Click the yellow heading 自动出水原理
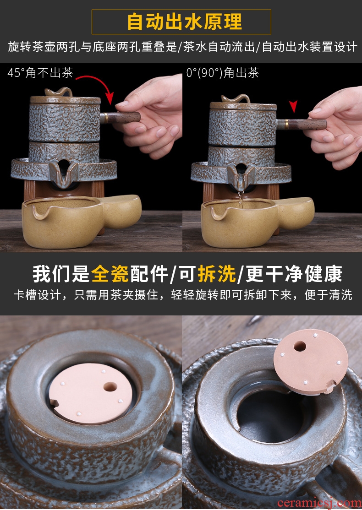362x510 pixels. pyautogui.click(x=185, y=22)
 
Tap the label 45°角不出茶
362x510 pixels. pyautogui.click(x=40, y=72)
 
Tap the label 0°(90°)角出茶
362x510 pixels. pyautogui.click(x=223, y=72)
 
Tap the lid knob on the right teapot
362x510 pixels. pyautogui.click(x=236, y=98)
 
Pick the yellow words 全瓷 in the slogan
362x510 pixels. pyautogui.click(x=110, y=273)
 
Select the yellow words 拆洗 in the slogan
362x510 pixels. pyautogui.click(x=216, y=273)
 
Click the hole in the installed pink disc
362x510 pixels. pyautogui.click(x=110, y=387)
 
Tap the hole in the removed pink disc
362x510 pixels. pyautogui.click(x=300, y=346)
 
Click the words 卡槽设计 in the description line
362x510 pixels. pyautogui.click(x=38, y=295)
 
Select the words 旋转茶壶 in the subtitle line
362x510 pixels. pyautogui.click(x=32, y=47)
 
